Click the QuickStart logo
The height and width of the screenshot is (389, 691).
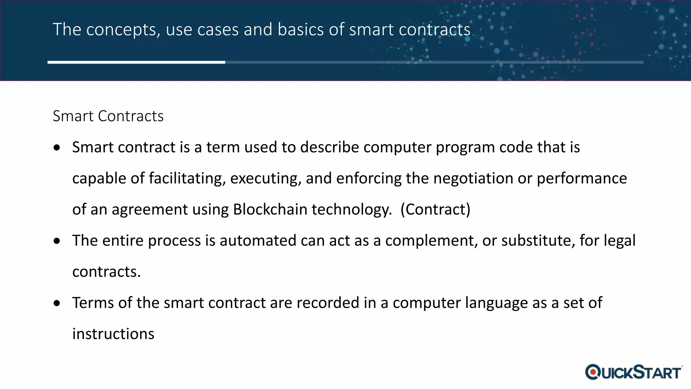pyautogui.click(x=633, y=372)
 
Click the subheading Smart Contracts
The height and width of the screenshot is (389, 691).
pyautogui.click(x=108, y=116)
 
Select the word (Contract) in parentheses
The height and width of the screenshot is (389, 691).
pyautogui.click(x=435, y=209)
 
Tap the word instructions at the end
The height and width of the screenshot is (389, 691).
pyautogui.click(x=113, y=334)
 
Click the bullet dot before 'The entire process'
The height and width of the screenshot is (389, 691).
pyautogui.click(x=57, y=241)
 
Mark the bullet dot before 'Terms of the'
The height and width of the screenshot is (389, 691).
pyautogui.click(x=57, y=303)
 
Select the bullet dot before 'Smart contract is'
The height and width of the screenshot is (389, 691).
pyautogui.click(x=57, y=148)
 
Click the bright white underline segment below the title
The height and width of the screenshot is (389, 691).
pyautogui.click(x=136, y=62)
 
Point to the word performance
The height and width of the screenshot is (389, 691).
pyautogui.click(x=582, y=178)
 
